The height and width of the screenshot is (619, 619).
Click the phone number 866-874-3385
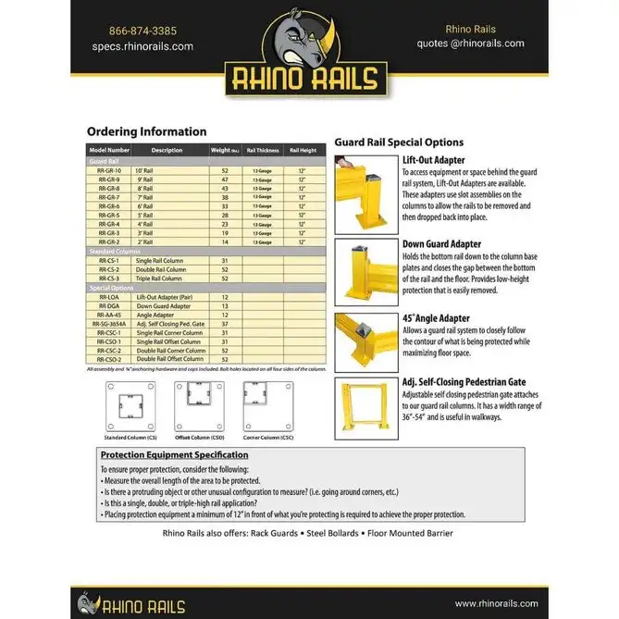pos(142,30)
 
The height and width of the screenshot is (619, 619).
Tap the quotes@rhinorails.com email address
pos(471,43)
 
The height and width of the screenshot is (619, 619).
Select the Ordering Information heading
pos(147,132)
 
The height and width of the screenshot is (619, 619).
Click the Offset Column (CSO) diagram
pos(200,403)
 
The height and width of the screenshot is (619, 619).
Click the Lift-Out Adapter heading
pos(433,159)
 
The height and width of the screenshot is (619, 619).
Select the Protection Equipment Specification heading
pos(174,455)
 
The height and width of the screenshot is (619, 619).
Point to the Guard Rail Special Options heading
pos(399,142)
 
